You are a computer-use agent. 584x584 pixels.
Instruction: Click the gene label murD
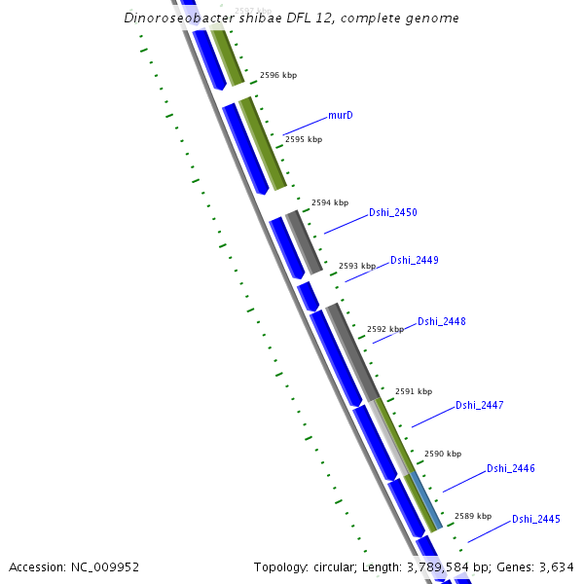tap(340, 116)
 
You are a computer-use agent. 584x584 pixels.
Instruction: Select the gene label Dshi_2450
tap(392, 212)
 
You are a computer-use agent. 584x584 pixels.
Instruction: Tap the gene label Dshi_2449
tap(414, 260)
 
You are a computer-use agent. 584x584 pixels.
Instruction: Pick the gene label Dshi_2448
tap(441, 321)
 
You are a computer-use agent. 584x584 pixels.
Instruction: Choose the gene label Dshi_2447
tap(479, 405)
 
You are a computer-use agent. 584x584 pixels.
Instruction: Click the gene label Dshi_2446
tap(510, 468)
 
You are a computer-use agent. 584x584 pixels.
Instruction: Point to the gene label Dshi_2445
tap(535, 519)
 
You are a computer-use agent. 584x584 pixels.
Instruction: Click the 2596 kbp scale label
tap(277, 75)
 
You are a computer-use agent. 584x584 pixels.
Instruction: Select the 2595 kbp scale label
tap(303, 139)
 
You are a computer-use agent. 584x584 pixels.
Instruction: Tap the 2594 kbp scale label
tap(329, 202)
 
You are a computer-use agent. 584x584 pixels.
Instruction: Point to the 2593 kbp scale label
tap(356, 266)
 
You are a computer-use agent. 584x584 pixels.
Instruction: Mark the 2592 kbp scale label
tap(384, 329)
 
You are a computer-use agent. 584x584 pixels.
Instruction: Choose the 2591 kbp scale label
tap(413, 391)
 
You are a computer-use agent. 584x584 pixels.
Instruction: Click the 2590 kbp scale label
tap(442, 454)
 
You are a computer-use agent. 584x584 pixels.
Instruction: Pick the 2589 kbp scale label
tap(472, 516)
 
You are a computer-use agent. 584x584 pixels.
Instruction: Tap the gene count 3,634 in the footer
tap(558, 566)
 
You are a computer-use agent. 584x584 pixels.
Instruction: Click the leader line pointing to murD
tap(305, 125)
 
